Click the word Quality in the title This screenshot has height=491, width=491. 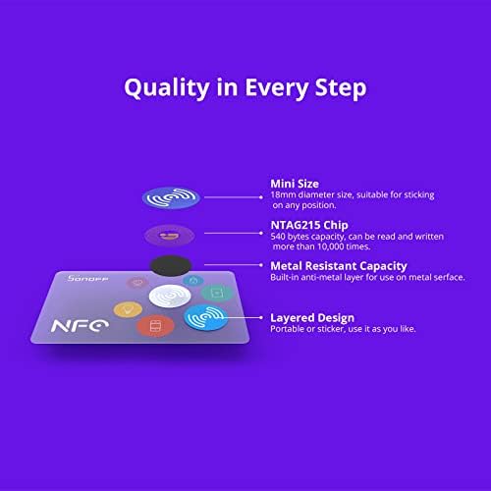click(x=166, y=87)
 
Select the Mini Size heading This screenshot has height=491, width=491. click(x=300, y=184)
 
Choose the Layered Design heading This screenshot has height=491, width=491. click(x=315, y=318)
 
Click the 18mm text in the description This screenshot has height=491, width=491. click(x=283, y=195)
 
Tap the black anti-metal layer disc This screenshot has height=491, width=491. click(x=171, y=265)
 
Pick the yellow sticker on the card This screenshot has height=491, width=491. click(x=126, y=309)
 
